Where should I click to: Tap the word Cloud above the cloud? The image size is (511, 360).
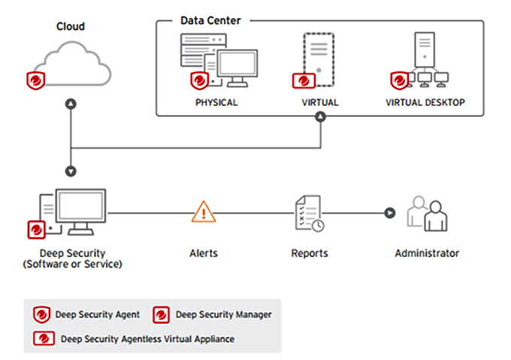(71, 26)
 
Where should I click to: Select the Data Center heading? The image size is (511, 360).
(210, 20)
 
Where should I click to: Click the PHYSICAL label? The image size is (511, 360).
(216, 102)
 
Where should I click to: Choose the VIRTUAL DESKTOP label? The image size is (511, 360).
(425, 102)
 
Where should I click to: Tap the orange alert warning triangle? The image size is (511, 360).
(204, 212)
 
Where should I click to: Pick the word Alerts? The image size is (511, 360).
(204, 253)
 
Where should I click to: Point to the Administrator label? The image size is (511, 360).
(427, 253)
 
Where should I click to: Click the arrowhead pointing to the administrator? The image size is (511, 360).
(389, 213)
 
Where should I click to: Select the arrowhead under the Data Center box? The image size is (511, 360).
(321, 116)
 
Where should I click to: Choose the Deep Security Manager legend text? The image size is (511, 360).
(223, 314)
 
